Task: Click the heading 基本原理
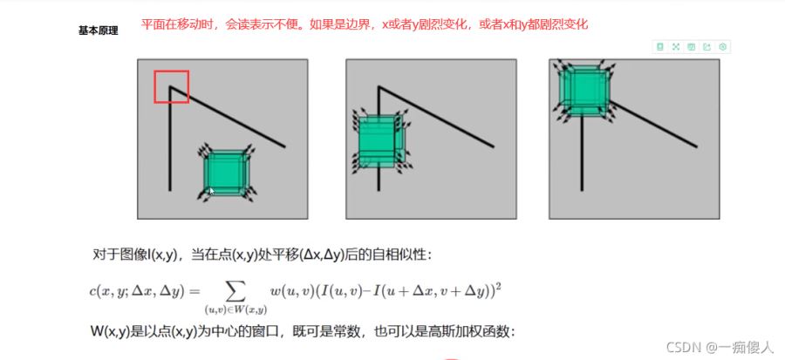[x=98, y=31]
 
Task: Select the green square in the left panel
[x=225, y=173]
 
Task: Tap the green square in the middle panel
[x=380, y=141]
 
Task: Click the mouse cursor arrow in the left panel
[x=212, y=191]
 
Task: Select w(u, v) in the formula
[x=285, y=291]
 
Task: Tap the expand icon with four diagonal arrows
[x=676, y=47]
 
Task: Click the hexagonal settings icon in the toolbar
[x=722, y=47]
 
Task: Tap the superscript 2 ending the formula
[x=498, y=287]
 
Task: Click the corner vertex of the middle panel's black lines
[x=379, y=87]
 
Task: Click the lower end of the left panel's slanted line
[x=284, y=147]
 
